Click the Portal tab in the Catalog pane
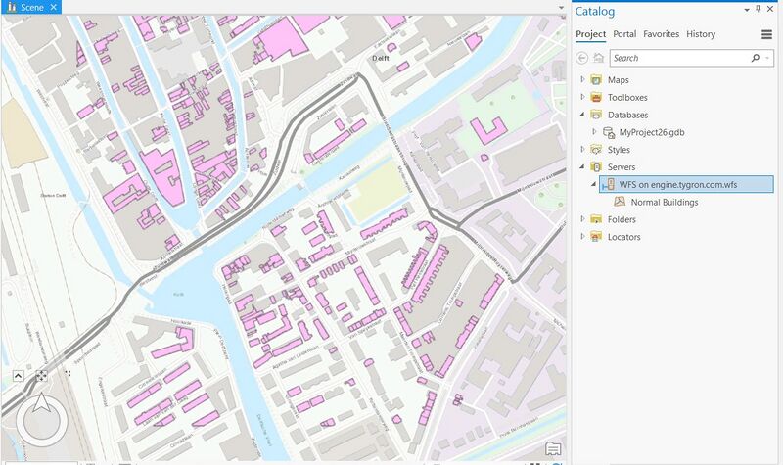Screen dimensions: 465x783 (x=624, y=34)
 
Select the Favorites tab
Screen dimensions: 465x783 (x=661, y=34)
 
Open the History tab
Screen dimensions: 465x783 (x=701, y=34)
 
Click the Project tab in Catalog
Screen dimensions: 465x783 (x=590, y=34)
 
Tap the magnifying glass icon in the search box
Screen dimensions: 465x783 (x=755, y=59)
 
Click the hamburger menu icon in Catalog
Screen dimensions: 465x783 (x=766, y=34)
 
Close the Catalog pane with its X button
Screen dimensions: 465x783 (x=771, y=9)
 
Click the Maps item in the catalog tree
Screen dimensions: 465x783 (x=619, y=80)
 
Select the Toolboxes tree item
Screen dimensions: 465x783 (x=626, y=98)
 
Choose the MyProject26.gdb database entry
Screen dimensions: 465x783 (x=653, y=132)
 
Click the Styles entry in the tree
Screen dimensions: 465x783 (x=619, y=150)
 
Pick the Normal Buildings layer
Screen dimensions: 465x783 (x=664, y=203)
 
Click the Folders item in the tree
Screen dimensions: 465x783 (x=622, y=220)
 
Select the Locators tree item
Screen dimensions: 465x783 (x=623, y=237)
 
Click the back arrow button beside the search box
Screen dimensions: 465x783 (x=583, y=59)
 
